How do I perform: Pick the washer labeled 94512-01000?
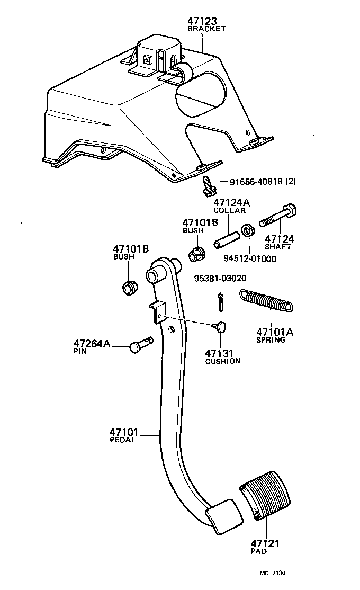(247, 231)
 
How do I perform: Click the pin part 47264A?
(140, 345)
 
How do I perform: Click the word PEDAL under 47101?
(123, 440)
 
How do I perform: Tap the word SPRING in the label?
(271, 340)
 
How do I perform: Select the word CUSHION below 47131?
(223, 361)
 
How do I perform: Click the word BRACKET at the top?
(206, 29)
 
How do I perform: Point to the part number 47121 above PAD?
(265, 543)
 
